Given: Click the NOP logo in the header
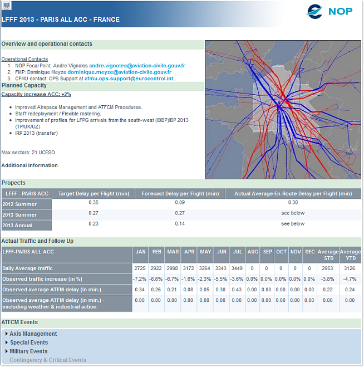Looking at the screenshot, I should coord(329,11).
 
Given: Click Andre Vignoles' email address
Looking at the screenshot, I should coord(137,66).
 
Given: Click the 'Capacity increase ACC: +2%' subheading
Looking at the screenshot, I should coord(36,95).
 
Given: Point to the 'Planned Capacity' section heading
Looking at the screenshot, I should coord(24,86).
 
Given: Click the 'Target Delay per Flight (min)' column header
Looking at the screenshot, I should coord(94,194).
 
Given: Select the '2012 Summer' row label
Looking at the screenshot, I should coord(20,204).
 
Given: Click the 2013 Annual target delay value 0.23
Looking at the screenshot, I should coord(94,224).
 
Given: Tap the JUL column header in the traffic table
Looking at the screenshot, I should coord(238,252).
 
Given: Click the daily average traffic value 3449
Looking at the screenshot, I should coord(238,268).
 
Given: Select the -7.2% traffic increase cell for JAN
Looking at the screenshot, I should coord(140,279).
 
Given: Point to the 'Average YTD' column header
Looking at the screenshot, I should coord(350,255).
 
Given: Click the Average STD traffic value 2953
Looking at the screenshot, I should coord(328,268).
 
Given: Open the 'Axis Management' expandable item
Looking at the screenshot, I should coord(33,334).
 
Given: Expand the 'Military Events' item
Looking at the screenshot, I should coord(28,351).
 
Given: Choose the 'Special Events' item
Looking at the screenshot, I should coord(29,342).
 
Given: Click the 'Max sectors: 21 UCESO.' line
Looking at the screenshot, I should coord(29,152).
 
